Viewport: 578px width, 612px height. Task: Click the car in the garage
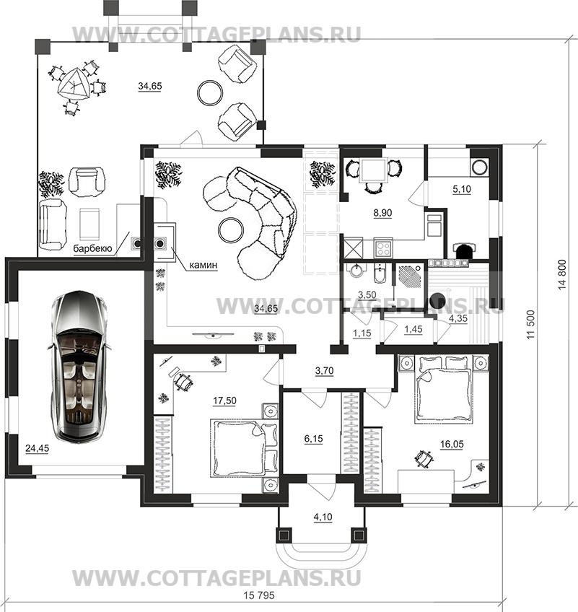click(79, 366)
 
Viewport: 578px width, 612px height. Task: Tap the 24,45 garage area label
click(38, 448)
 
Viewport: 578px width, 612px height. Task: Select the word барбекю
click(93, 248)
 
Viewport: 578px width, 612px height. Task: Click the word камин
click(203, 265)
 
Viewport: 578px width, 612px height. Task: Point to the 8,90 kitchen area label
click(382, 213)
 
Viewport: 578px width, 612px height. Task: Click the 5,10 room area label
click(462, 189)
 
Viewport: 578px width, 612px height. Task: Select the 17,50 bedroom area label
click(225, 401)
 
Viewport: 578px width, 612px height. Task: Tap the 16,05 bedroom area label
click(452, 444)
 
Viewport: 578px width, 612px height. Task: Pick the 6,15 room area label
click(313, 439)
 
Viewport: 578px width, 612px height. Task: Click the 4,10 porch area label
click(323, 517)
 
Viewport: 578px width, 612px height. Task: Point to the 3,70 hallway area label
click(324, 370)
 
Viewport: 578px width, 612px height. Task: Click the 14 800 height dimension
click(562, 274)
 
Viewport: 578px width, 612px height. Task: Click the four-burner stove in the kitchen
click(383, 248)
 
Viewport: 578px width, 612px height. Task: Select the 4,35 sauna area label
click(457, 318)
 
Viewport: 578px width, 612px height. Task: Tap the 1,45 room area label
click(413, 329)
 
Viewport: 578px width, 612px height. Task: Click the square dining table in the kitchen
click(374, 170)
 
